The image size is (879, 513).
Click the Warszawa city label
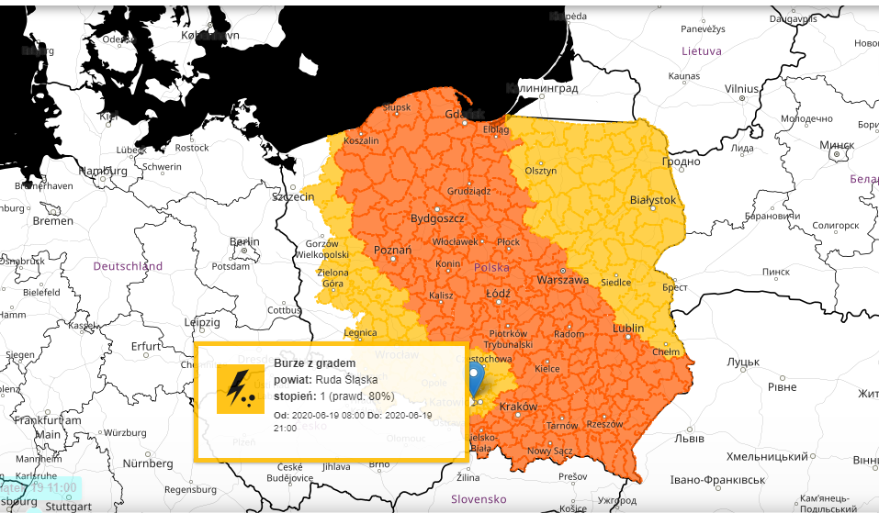coord(562,280)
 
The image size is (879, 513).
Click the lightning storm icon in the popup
coord(240,388)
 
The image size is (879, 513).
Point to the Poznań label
coord(393,250)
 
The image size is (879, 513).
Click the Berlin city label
coord(245,242)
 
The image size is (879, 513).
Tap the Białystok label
coord(653,199)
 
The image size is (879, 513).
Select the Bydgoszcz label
coord(437,219)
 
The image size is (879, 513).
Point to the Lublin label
coord(628,328)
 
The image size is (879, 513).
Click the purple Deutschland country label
coord(128,266)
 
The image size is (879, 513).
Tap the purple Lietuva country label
coord(701,51)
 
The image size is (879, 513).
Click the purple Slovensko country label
coord(479,499)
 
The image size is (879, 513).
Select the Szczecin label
coord(294,197)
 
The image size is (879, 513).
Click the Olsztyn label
coord(540,171)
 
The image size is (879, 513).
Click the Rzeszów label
coord(603,424)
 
